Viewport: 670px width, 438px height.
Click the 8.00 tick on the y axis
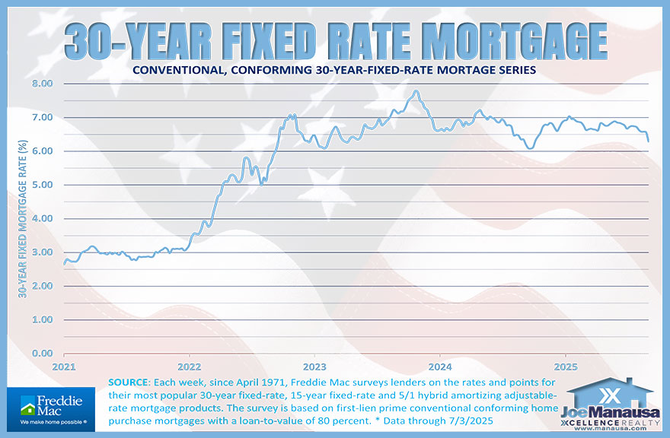click(x=42, y=84)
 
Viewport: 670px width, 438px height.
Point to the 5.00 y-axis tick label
click(x=42, y=185)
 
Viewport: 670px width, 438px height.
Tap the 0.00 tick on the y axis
click(x=42, y=354)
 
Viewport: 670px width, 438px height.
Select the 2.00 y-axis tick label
click(x=42, y=286)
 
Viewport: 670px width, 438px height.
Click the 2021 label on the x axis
click(x=64, y=365)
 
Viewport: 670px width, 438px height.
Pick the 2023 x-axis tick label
click(x=314, y=365)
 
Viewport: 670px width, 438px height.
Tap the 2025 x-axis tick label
click(x=565, y=365)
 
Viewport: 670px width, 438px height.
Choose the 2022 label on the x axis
click(x=190, y=365)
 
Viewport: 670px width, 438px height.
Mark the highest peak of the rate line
click(x=416, y=91)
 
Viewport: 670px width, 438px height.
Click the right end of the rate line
click(x=649, y=141)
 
